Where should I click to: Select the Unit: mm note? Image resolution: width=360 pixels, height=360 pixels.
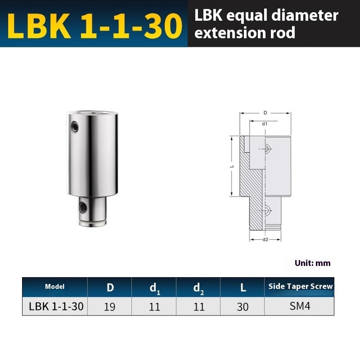pyautogui.click(x=312, y=263)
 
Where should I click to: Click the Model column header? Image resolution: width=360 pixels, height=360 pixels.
pyautogui.click(x=55, y=287)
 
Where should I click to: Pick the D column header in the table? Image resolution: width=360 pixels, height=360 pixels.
pyautogui.click(x=109, y=287)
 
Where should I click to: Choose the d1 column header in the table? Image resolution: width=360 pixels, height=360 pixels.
pyautogui.click(x=154, y=288)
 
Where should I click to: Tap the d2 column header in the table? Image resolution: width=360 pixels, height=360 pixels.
pyautogui.click(x=198, y=288)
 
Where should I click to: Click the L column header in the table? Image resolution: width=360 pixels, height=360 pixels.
pyautogui.click(x=242, y=287)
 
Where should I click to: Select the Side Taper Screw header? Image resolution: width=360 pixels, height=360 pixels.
pyautogui.click(x=300, y=286)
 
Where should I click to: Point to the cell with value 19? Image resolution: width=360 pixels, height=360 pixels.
pyautogui.click(x=109, y=307)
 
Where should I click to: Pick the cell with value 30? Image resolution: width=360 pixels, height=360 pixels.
pyautogui.click(x=242, y=307)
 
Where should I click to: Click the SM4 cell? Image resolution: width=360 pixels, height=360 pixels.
pyautogui.click(x=300, y=306)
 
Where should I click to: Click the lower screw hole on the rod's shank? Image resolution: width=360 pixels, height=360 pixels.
pyautogui.click(x=83, y=207)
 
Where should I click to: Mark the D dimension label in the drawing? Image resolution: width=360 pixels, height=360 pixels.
pyautogui.click(x=265, y=112)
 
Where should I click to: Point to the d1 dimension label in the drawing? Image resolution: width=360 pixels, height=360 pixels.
pyautogui.click(x=265, y=123)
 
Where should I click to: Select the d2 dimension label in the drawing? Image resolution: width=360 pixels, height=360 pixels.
pyautogui.click(x=265, y=239)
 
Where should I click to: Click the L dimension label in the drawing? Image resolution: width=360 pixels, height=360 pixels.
pyautogui.click(x=231, y=166)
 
